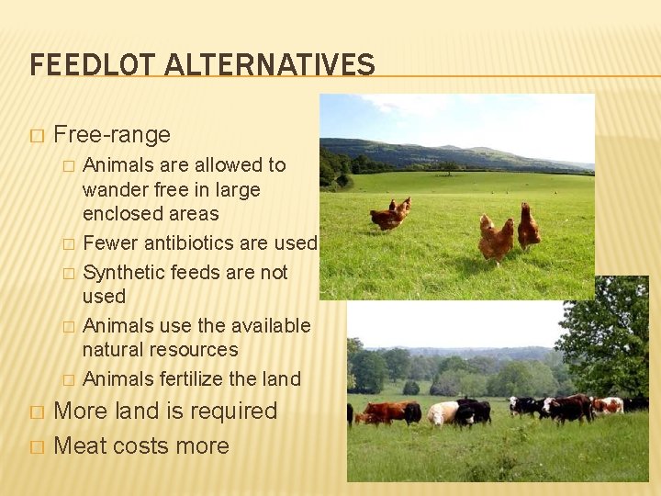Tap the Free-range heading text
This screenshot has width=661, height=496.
coord(112,135)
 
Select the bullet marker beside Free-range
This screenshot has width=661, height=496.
coord(36,136)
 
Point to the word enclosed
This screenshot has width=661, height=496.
coord(118,214)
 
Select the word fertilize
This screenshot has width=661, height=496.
coord(193,379)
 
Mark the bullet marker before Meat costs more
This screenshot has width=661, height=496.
coord(36,447)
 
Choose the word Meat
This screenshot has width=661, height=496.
coord(79,446)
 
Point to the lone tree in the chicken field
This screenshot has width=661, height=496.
coord(449,167)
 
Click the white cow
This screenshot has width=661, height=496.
coord(443,412)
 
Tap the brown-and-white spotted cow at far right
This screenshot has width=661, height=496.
coord(607,405)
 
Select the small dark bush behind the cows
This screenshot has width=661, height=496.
coord(411,388)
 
